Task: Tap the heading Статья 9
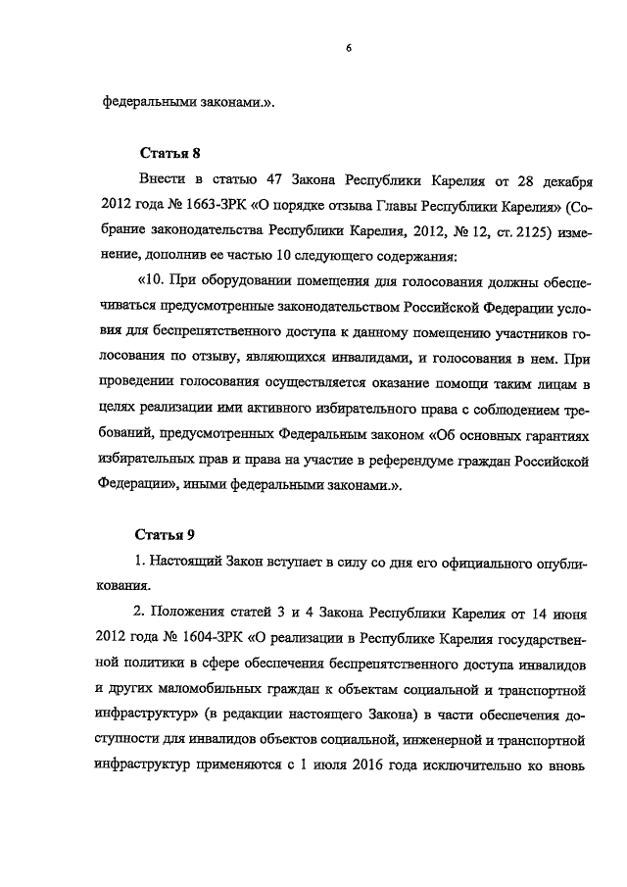[x=163, y=534]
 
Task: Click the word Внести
[x=165, y=182]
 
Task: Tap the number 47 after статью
[x=274, y=182]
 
